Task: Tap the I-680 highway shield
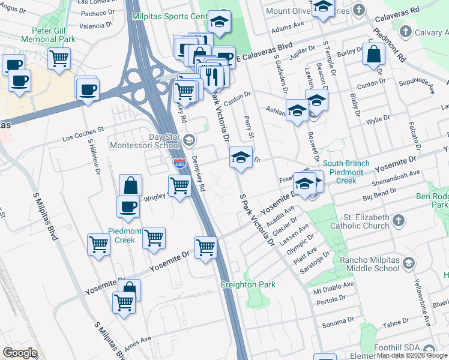coord(179,163)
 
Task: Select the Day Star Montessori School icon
coord(188,141)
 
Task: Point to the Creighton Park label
coord(248,284)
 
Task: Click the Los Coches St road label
coord(83,134)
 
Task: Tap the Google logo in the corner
coord(20,353)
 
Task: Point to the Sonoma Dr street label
coord(335,324)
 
